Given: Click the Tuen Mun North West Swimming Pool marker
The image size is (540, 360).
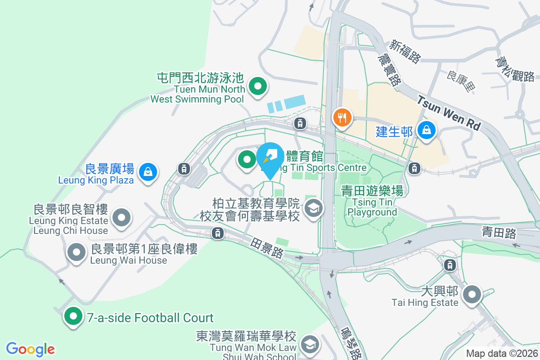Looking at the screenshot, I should [x=258, y=86].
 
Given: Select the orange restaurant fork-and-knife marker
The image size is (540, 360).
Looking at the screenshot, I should [x=342, y=118].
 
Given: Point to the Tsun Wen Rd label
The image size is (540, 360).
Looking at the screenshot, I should [x=448, y=112].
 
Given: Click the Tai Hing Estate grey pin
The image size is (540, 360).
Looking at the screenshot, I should [x=472, y=295].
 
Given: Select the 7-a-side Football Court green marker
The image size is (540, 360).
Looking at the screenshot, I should [x=73, y=316].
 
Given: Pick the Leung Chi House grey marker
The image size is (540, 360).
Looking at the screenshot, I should [x=121, y=218].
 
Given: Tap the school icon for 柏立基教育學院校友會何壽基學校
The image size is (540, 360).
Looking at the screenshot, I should [x=313, y=208].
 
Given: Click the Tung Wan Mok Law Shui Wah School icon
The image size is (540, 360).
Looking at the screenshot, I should [x=309, y=345].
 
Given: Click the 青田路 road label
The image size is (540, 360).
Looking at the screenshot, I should [x=499, y=233].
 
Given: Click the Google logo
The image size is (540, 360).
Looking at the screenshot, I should [x=31, y=349].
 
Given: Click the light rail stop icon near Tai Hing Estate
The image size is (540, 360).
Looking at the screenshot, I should [x=450, y=265].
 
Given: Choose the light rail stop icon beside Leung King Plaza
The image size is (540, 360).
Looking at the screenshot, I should [x=183, y=169].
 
